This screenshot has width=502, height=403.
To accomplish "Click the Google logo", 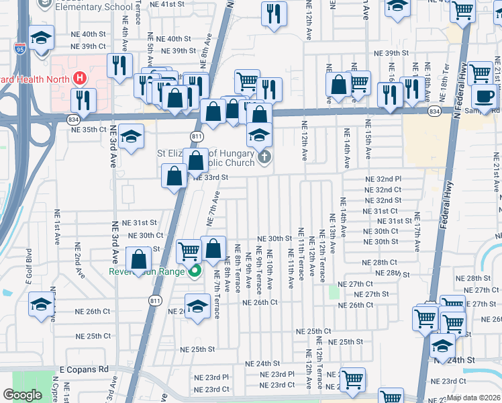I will point(22,395).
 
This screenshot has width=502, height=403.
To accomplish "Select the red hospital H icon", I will point(80,79).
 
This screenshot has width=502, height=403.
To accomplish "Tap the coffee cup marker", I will point(484,95).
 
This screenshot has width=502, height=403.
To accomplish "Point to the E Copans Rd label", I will point(84,369).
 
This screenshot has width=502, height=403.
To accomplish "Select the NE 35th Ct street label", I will point(89,129).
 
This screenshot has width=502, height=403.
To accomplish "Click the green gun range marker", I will point(195,271).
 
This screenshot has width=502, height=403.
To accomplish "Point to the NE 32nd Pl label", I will point(383,179).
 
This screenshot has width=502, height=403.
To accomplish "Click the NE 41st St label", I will point(167,4).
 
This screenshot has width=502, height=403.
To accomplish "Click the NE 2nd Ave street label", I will point(79,261).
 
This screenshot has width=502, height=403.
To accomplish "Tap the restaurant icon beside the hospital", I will point(83,99).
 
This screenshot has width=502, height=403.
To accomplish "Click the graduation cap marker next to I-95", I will point(41,38).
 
